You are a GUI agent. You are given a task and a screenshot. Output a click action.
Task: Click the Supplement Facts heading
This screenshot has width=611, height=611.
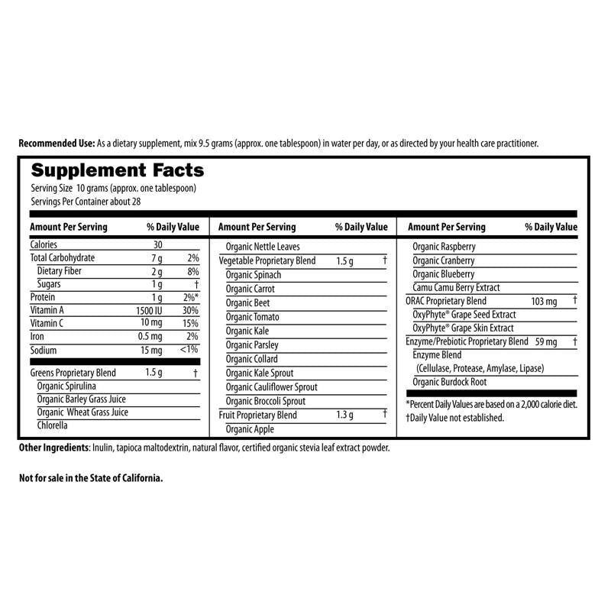(117, 170)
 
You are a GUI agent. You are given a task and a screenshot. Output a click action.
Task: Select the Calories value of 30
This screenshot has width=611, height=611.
(158, 244)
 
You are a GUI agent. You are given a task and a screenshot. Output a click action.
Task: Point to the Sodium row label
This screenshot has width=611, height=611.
(44, 351)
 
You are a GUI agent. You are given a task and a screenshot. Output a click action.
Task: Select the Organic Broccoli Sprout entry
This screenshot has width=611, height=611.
(265, 401)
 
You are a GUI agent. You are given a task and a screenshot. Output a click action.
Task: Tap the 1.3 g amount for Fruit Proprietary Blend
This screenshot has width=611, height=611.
(345, 415)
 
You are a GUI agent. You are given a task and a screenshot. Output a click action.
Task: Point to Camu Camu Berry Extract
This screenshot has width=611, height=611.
(456, 287)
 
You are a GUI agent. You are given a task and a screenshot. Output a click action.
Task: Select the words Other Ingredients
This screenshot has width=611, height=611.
(53, 448)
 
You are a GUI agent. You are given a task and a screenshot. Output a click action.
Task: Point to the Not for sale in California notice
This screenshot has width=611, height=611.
(91, 478)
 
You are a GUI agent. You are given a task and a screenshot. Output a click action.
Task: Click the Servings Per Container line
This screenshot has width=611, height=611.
(86, 202)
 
